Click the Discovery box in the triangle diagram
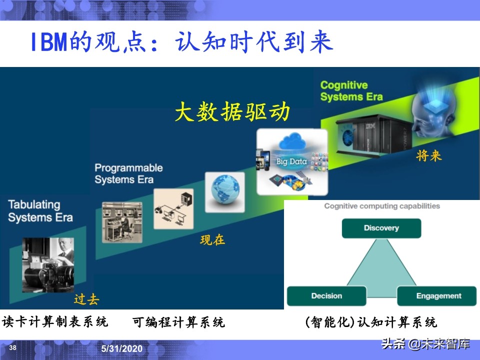coord(381,228)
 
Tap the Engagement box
coord(438,296)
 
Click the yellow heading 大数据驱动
coord(232,112)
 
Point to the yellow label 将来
coord(429,155)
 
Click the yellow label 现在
coord(212,240)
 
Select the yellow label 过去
coord(86,299)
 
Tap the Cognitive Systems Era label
coord(351,91)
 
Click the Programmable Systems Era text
coord(128,173)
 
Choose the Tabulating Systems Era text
coord(40,211)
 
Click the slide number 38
coord(13,348)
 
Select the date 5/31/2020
coord(122,348)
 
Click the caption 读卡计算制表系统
coord(55,321)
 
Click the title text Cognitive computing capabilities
coord(382,206)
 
